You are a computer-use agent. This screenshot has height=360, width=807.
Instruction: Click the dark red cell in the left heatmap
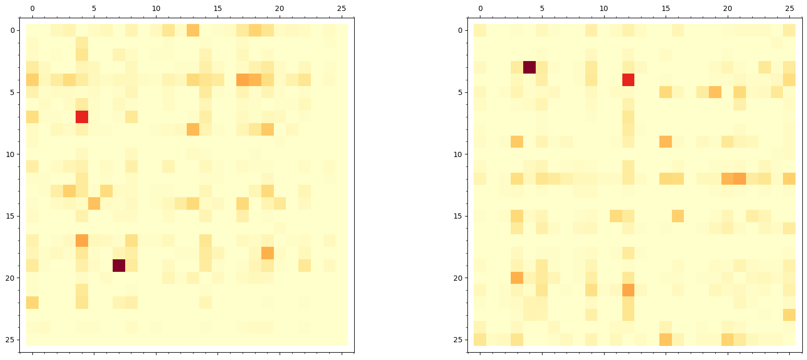point(119,265)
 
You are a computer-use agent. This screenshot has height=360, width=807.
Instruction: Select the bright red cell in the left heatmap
point(82,116)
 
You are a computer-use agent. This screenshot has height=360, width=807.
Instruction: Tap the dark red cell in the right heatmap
point(529,67)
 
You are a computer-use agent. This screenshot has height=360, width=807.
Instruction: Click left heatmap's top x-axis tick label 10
point(156,9)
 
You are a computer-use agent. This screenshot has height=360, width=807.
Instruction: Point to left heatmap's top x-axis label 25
point(342,9)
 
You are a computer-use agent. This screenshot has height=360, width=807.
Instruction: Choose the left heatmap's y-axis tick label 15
point(14,216)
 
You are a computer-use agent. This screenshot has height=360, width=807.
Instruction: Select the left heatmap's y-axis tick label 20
point(14,278)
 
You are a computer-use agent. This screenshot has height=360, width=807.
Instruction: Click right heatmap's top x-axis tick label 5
point(542,9)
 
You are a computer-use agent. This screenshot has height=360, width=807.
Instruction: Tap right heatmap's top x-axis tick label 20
point(728,9)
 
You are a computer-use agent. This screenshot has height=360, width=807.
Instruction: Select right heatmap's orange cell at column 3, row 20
point(517,278)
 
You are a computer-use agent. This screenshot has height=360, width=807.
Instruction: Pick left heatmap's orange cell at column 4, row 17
point(82,241)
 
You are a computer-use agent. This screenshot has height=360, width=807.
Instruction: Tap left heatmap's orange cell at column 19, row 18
point(268,253)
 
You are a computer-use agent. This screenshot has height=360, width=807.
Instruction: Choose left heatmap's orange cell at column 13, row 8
point(193,129)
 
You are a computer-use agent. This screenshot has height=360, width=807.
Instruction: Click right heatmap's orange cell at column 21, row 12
point(740,178)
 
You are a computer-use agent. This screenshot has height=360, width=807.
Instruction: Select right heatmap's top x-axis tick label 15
point(666,9)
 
